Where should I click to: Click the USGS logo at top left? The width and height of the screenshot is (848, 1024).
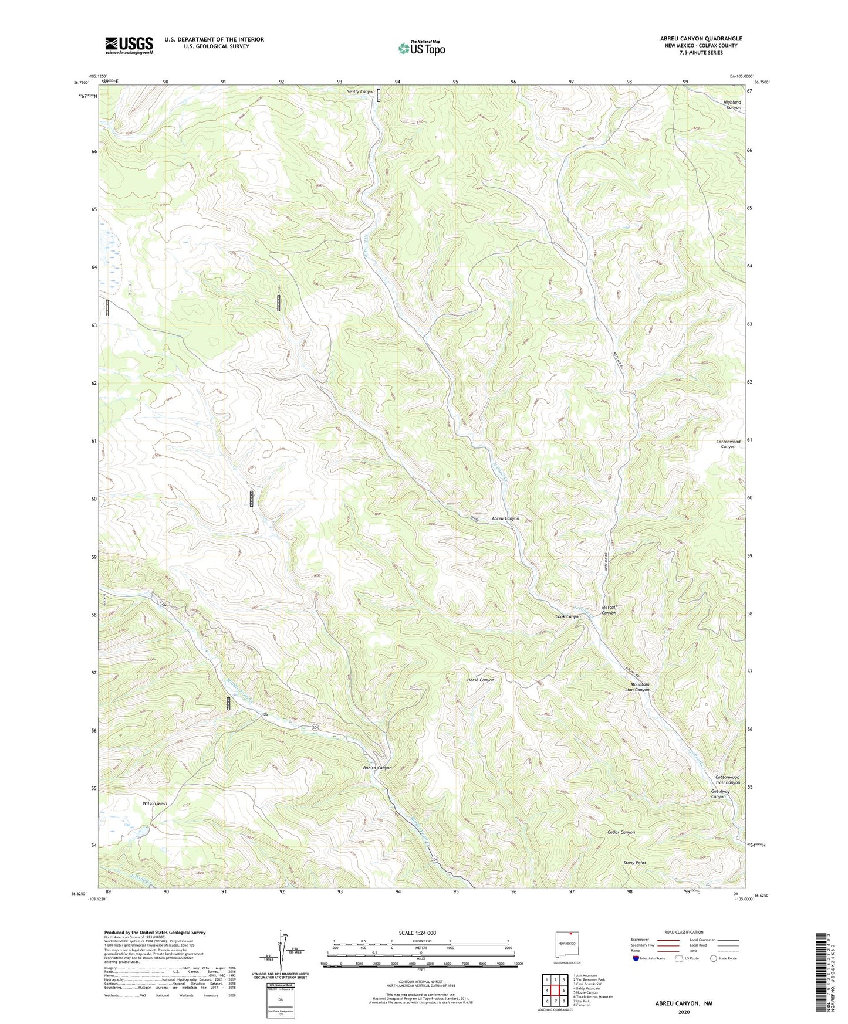(129, 45)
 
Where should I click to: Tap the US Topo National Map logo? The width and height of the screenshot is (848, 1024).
(421, 48)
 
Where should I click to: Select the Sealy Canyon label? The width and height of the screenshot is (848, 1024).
(360, 92)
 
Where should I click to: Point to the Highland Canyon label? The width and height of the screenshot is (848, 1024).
(732, 105)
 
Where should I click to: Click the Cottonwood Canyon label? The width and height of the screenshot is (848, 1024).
(728, 444)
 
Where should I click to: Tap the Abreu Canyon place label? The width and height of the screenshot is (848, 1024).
(505, 518)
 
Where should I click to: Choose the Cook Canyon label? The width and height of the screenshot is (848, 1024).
(568, 616)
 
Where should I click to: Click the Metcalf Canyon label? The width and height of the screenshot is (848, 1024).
(609, 610)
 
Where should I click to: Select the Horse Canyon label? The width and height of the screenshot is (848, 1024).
(480, 680)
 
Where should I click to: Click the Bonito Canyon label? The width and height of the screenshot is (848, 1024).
(377, 768)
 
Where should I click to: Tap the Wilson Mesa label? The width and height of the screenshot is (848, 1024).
(155, 803)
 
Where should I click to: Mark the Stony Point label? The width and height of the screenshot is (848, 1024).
(634, 863)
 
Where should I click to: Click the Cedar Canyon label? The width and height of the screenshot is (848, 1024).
(621, 832)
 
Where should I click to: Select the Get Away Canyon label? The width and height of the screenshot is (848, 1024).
(720, 794)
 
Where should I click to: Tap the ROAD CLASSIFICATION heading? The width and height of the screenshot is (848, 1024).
(684, 932)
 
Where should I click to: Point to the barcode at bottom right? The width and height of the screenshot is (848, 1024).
(822, 974)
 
